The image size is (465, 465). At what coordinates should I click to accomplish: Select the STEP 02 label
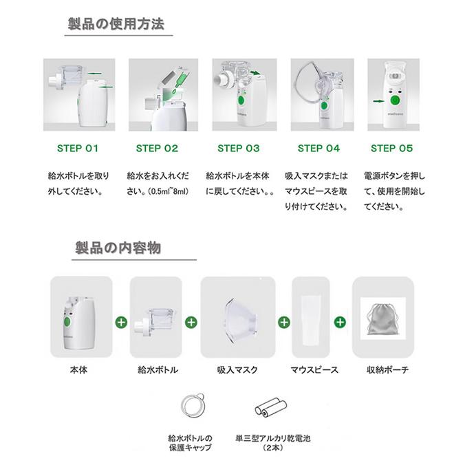pos(157,148)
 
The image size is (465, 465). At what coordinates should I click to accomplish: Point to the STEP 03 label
pos(238,148)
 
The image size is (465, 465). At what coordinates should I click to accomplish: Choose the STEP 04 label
pos(318,148)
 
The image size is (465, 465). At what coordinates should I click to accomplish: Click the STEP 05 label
pos(392,148)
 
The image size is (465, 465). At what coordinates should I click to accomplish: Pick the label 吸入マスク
pos(237,369)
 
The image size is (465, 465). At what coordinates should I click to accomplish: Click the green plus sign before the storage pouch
pos(340,321)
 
